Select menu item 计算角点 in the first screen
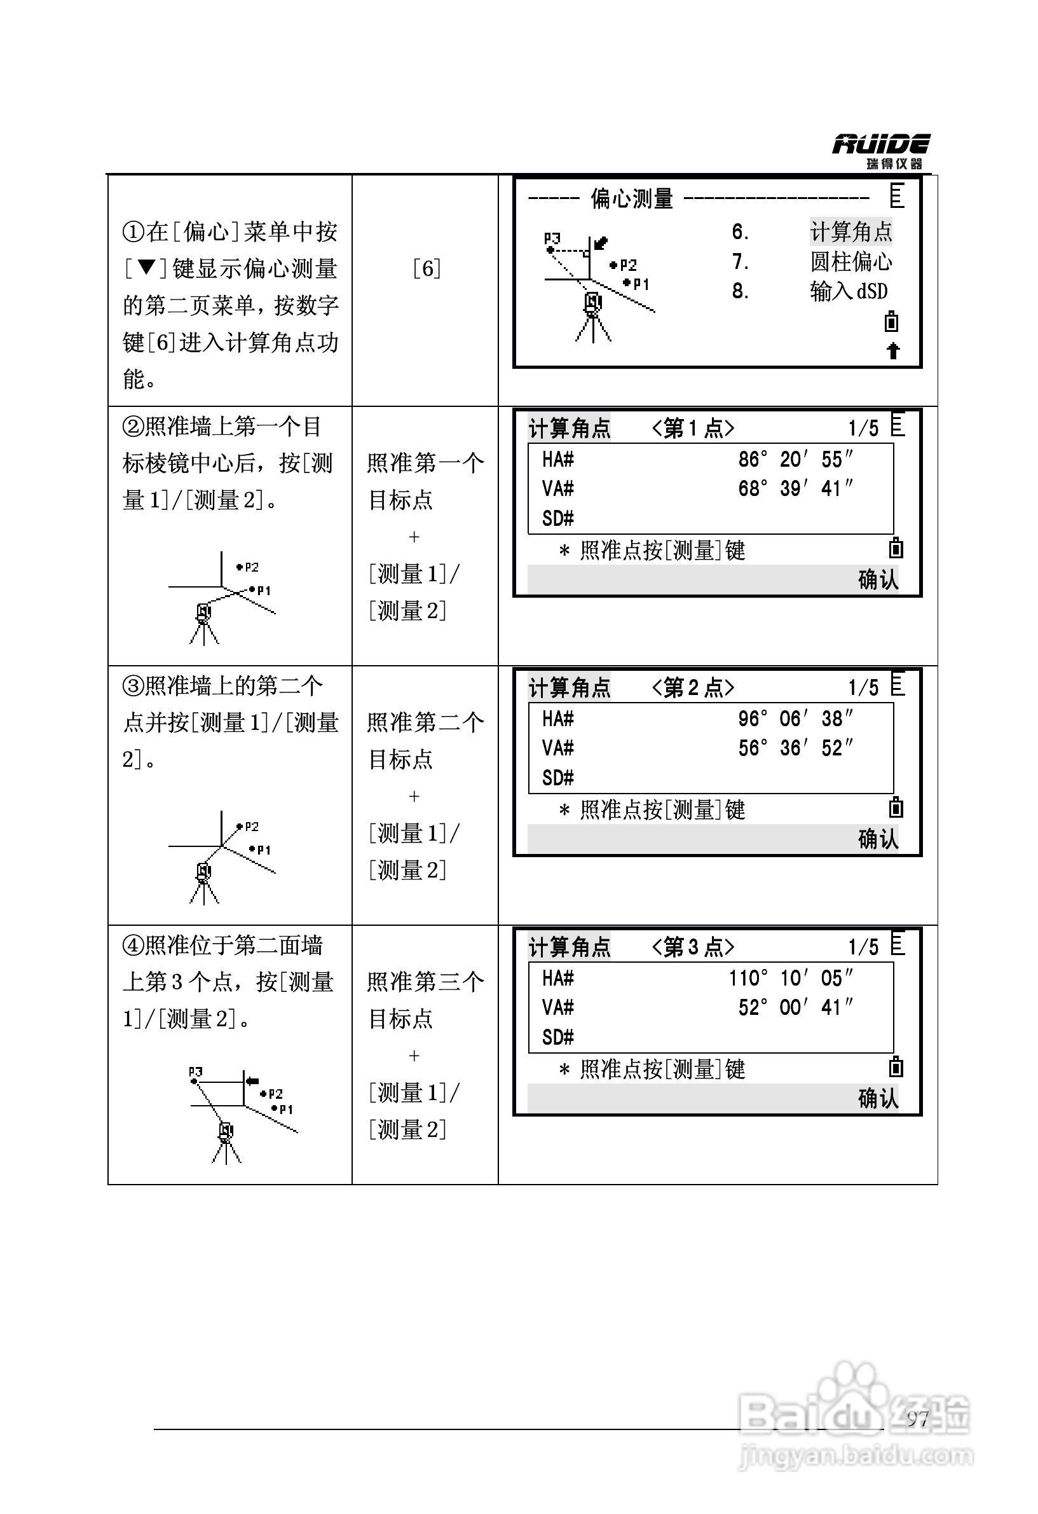850,231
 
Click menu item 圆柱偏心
850,262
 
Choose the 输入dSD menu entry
848,291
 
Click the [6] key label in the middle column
427,268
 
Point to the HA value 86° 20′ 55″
795,459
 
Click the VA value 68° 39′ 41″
795,488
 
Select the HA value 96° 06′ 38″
795,719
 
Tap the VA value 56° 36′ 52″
795,748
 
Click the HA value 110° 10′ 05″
789,978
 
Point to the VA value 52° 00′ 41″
795,1007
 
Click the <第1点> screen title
693,429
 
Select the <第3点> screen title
693,947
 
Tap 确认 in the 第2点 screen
878,839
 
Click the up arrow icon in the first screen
893,351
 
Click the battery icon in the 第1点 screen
896,549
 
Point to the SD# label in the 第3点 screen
558,1037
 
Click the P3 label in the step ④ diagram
195,1071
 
